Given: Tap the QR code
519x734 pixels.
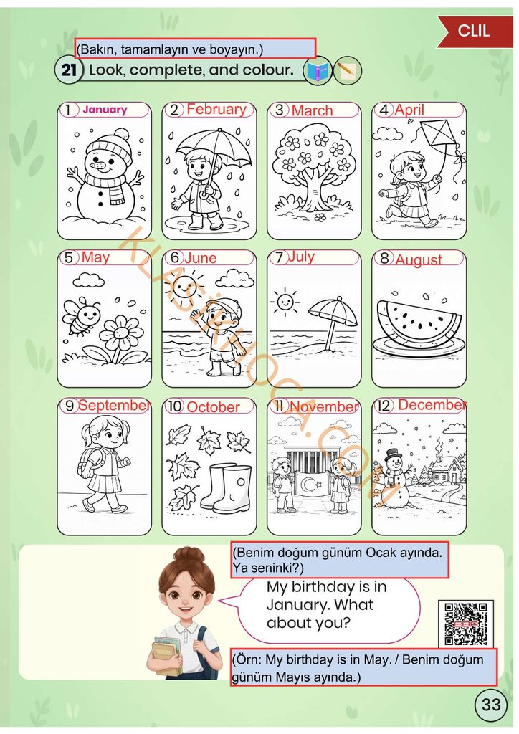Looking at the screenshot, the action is click(x=466, y=624).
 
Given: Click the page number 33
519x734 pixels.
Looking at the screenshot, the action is click(x=491, y=704).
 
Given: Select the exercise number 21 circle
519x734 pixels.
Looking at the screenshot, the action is click(x=69, y=70).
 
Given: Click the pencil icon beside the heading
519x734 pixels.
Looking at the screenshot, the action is click(x=347, y=71).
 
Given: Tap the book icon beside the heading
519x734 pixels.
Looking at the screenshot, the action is click(x=318, y=71).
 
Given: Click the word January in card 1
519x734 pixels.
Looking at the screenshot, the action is click(x=105, y=110).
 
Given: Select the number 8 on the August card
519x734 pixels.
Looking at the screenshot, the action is click(x=385, y=258).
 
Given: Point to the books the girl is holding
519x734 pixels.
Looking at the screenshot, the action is click(x=166, y=655).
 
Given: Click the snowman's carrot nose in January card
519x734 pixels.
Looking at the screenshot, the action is click(x=97, y=166).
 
